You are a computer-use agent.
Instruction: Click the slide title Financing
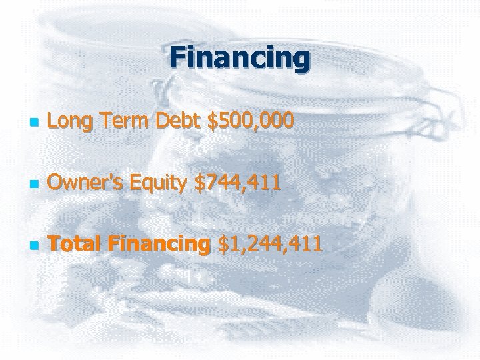[239, 58]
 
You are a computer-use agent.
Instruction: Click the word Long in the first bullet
[67, 121]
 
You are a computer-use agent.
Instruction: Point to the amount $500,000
[251, 121]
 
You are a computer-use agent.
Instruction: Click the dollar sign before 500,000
[213, 121]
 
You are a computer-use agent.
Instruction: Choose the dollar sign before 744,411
[199, 183]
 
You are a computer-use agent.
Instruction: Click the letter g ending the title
[301, 61]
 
